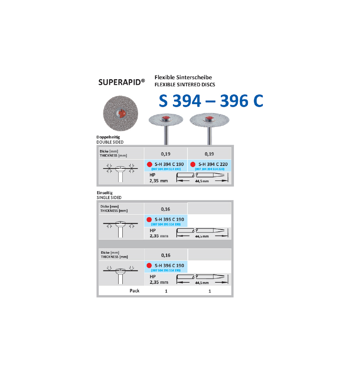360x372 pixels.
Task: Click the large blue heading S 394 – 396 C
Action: (x=211, y=101)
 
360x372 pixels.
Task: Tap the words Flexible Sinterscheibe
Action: (x=183, y=77)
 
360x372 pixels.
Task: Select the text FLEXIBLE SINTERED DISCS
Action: (x=184, y=84)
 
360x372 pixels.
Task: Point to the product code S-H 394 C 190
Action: (x=169, y=164)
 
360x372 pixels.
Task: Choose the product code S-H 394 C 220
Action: (x=213, y=164)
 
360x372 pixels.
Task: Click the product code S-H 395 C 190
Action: (x=169, y=219)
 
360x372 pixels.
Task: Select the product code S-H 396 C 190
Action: (x=169, y=266)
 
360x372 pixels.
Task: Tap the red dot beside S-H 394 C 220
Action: (x=193, y=164)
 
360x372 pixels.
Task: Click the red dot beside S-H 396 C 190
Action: (x=149, y=266)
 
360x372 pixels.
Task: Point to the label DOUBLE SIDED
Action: (x=110, y=142)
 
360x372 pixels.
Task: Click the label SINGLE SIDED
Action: (x=109, y=198)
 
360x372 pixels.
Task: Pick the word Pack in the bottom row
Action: (x=135, y=291)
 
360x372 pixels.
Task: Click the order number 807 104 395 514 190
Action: (x=166, y=224)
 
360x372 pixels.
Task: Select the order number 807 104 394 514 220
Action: (x=210, y=169)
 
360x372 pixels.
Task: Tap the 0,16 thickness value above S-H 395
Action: (x=166, y=209)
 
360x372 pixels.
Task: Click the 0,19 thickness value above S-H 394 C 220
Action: (x=209, y=154)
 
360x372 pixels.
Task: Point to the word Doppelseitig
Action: (x=108, y=137)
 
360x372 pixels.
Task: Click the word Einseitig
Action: (x=105, y=193)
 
